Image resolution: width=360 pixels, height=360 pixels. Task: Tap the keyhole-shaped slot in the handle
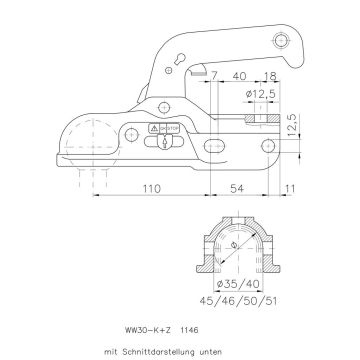177,77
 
